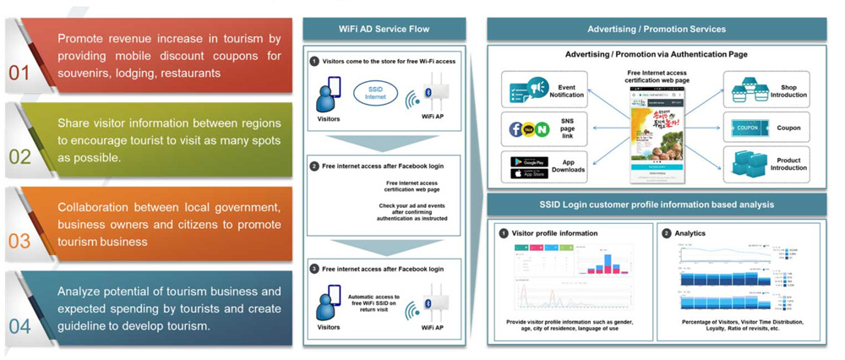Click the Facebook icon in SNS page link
pos(516,129)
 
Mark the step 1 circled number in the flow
pos(313,62)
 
